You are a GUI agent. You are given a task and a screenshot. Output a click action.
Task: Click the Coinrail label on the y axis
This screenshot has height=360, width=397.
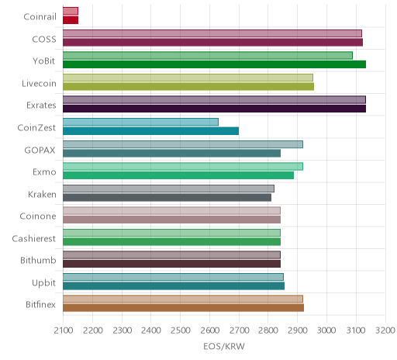point(40,17)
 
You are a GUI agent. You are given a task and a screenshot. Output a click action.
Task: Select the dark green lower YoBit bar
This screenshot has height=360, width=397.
point(214,64)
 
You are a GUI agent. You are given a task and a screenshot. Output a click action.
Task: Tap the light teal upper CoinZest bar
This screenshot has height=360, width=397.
point(140,122)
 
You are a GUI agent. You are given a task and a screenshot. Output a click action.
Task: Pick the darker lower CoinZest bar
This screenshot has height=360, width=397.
point(150,131)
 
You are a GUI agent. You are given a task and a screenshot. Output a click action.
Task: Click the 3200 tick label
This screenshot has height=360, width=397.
point(385,331)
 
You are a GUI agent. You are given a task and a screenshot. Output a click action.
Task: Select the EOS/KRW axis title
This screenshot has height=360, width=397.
point(224,347)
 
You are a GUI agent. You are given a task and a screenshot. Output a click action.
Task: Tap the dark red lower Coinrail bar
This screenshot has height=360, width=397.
point(71,20)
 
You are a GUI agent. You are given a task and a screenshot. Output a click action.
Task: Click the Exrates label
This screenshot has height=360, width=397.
point(41,106)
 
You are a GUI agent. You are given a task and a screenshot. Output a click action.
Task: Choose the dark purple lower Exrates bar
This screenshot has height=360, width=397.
point(214,109)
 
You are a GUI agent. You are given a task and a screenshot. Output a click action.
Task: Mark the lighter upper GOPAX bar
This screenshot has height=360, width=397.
point(183,144)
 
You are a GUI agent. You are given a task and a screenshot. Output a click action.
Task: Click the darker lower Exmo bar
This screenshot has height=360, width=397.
point(178,175)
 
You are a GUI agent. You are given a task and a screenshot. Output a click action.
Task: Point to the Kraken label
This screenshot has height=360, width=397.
point(42,194)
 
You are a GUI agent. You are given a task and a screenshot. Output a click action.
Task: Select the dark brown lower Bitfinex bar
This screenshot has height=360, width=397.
point(183,308)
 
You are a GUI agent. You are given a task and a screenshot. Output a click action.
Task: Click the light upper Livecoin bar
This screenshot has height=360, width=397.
point(188,78)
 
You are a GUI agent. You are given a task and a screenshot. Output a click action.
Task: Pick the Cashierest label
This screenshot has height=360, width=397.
point(34,238)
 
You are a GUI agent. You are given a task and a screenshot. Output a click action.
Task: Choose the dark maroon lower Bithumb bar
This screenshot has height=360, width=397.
point(171,264)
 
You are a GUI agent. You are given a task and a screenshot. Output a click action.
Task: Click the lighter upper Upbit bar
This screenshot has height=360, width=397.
point(173,277)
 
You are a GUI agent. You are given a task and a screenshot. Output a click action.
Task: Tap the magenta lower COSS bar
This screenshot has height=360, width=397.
point(212,42)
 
